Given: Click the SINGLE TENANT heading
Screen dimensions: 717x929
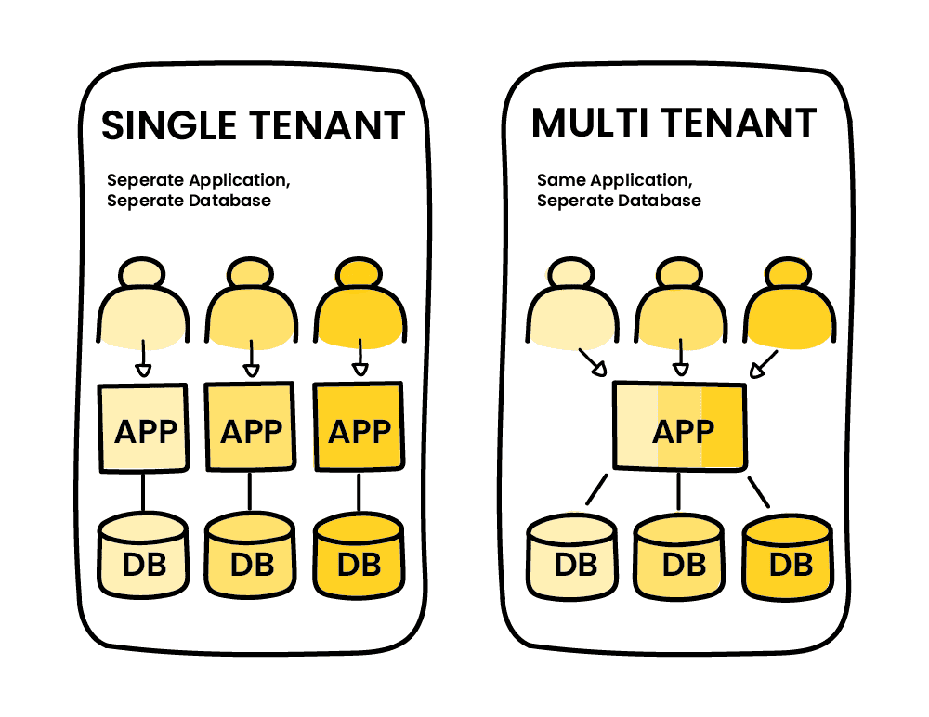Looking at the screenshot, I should tap(253, 125).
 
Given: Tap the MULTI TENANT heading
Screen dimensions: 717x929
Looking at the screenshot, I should tap(674, 124).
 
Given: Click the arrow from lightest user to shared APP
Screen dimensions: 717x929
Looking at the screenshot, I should tap(593, 362).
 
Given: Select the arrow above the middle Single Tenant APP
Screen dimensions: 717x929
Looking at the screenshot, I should tap(250, 358).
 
